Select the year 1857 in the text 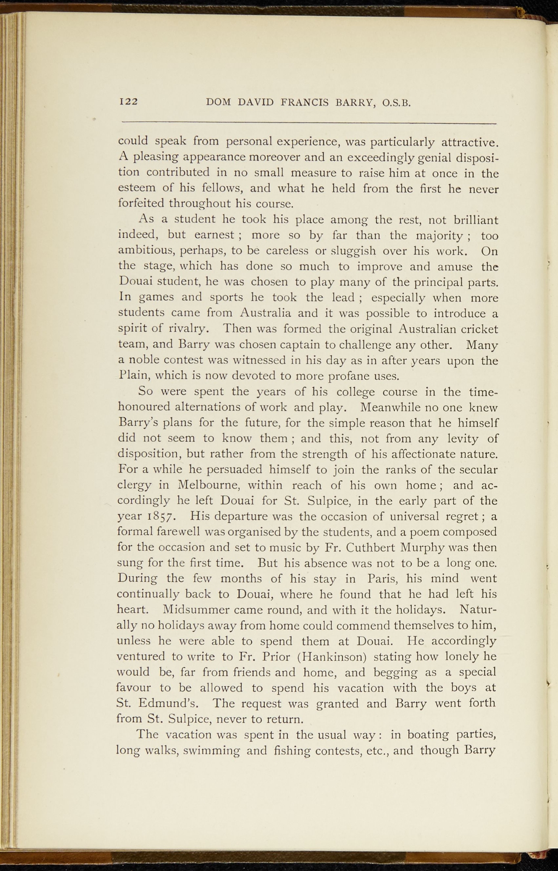point(159,517)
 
